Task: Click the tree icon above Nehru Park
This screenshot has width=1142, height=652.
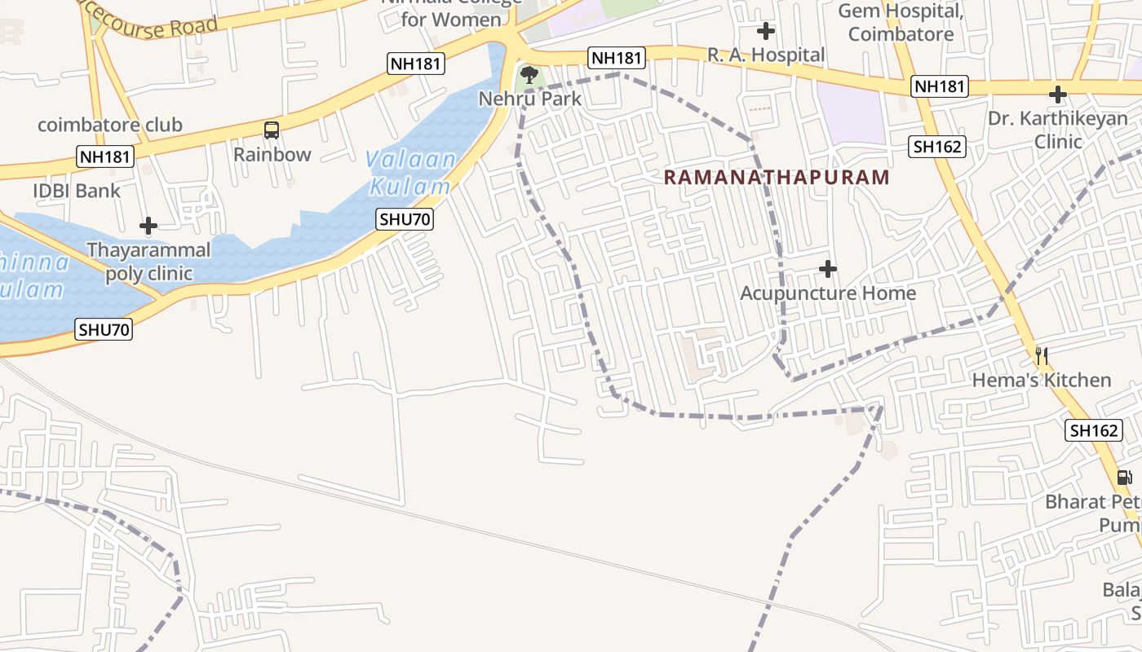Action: [x=529, y=76]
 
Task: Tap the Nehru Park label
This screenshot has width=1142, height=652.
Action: [x=530, y=99]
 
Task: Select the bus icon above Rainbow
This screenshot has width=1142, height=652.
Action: [x=272, y=130]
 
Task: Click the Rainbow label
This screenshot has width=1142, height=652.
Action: [x=272, y=154]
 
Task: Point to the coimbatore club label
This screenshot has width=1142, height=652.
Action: [x=110, y=125]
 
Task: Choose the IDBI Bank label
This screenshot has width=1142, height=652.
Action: [x=77, y=191]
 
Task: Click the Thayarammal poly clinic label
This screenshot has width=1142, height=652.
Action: [x=148, y=261]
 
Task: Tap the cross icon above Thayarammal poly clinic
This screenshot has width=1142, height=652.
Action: [x=148, y=225]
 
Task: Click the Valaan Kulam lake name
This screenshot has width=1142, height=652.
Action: [x=410, y=173]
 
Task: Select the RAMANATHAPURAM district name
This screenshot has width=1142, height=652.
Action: [x=776, y=177]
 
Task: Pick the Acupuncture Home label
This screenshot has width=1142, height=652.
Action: [x=828, y=293]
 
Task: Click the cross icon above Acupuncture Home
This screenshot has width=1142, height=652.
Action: [x=828, y=268]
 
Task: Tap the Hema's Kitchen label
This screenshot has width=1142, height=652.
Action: [x=1041, y=380]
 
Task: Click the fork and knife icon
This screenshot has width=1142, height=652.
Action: [x=1041, y=355]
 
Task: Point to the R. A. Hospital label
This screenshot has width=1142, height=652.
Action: [x=766, y=55]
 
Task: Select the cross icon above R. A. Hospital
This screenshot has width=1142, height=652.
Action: [x=766, y=32]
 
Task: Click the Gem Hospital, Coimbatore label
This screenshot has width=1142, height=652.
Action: [x=901, y=23]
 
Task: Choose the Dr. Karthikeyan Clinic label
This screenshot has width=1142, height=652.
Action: [x=1058, y=130]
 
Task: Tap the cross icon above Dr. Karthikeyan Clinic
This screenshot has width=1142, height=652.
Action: [x=1058, y=95]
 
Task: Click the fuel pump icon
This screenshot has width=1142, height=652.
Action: [x=1124, y=477]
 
